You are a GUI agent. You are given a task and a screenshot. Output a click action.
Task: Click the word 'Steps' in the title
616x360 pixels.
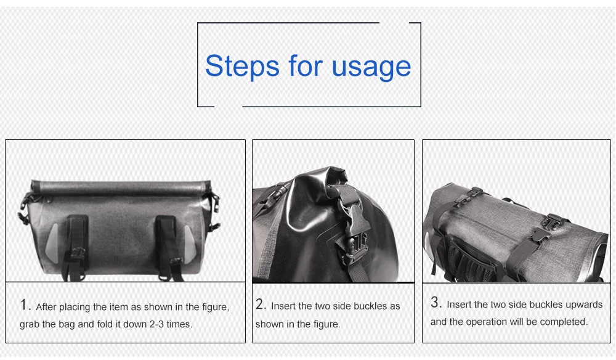[x=242, y=65]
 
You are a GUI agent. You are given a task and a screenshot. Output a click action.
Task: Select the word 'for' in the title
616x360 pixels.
[x=306, y=65]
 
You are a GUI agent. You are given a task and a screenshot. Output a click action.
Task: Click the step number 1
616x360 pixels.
[x=25, y=305]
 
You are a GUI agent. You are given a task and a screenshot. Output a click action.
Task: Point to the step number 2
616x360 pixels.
[x=261, y=304]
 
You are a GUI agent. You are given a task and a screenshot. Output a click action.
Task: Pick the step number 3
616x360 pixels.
[x=436, y=302]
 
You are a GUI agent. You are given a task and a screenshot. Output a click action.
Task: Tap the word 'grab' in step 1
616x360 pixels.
[x=29, y=325]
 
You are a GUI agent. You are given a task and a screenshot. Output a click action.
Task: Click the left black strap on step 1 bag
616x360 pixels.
[x=78, y=245]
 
